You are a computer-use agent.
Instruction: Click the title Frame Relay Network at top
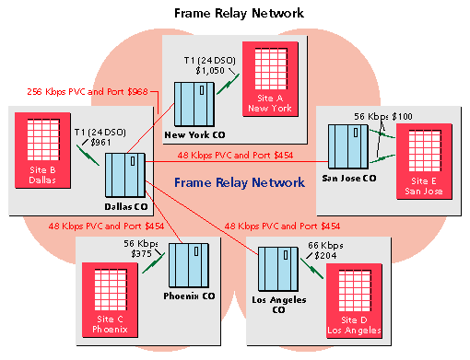tap(234, 13)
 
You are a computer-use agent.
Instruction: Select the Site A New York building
tap(268, 78)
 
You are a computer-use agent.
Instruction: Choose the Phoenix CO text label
tap(190, 296)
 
